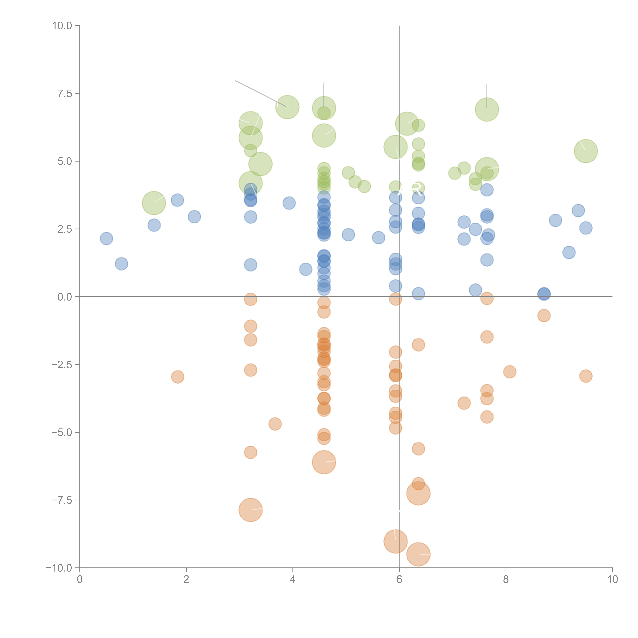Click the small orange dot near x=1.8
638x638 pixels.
[x=178, y=377]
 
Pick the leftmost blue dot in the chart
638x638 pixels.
[x=106, y=238]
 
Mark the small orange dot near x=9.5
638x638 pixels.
[x=586, y=376]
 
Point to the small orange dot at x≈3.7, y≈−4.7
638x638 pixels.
[x=275, y=424]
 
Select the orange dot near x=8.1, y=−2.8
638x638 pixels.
[x=510, y=372]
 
